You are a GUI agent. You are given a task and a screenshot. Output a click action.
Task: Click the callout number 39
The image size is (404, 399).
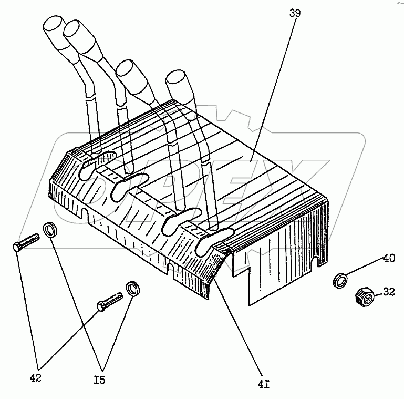[x=295, y=13]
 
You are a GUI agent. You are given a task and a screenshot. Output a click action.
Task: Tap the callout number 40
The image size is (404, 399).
[x=389, y=258]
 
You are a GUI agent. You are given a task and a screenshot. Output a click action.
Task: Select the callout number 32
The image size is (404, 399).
[x=389, y=292]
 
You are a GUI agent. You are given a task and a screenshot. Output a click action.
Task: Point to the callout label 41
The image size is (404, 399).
[x=263, y=385]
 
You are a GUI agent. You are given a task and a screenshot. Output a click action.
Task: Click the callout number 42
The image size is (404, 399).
[x=36, y=378]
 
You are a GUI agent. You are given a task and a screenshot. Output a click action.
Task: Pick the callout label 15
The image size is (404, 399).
[x=100, y=380]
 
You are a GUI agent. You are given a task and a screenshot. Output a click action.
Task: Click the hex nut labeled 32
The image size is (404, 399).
[x=364, y=298]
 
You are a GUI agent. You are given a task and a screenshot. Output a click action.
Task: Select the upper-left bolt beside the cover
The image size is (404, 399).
[x=26, y=242]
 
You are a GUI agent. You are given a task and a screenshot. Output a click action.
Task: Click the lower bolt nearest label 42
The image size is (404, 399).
[x=109, y=302]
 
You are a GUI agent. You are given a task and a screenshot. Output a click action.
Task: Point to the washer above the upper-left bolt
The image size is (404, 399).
[x=50, y=229]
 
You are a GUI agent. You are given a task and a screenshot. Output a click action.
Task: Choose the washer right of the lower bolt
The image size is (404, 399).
[x=133, y=289]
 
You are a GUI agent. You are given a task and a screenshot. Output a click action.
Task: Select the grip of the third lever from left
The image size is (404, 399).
[x=134, y=80]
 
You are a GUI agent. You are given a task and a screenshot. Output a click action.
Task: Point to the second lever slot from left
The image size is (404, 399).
[x=129, y=186]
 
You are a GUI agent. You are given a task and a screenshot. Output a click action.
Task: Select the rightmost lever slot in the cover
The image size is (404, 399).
[x=214, y=241]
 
